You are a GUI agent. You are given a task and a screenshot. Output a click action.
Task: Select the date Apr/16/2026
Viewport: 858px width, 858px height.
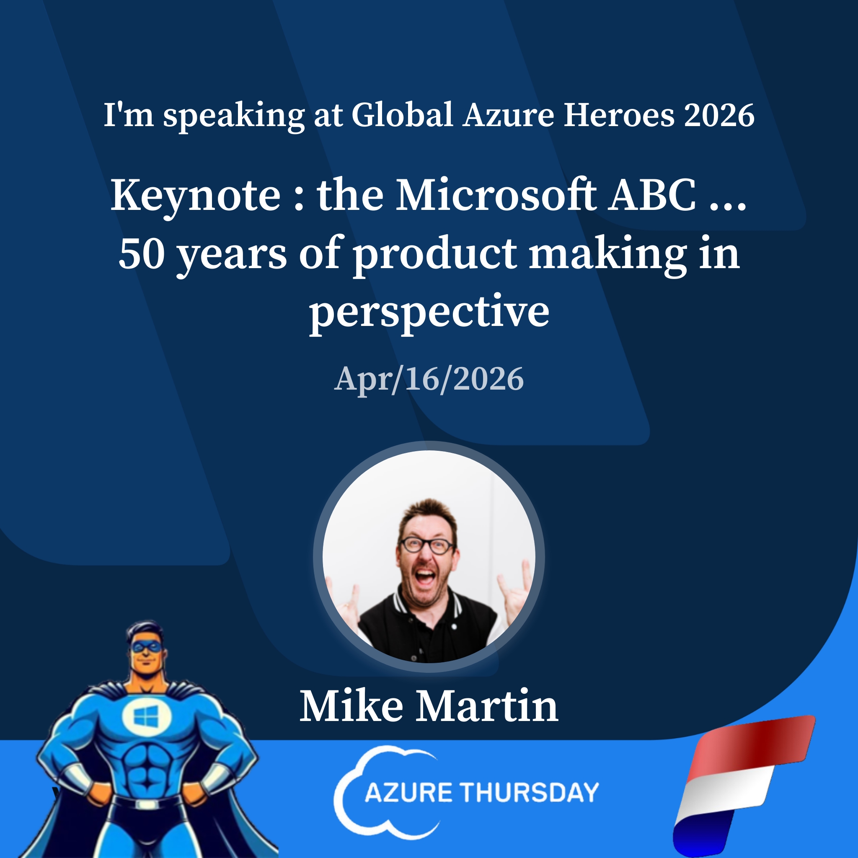(x=429, y=379)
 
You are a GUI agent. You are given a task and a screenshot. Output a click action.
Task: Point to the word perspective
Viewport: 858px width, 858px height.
(x=429, y=312)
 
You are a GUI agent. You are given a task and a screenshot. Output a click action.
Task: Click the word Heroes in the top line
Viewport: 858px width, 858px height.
(x=619, y=115)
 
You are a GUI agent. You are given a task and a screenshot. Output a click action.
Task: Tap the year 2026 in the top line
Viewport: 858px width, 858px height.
(x=719, y=115)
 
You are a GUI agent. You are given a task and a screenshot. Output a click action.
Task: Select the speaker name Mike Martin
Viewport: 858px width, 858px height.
(x=429, y=707)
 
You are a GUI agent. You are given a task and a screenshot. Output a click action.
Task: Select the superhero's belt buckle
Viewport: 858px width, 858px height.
(x=147, y=804)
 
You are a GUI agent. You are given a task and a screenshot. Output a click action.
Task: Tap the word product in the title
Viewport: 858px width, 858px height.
(x=435, y=254)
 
